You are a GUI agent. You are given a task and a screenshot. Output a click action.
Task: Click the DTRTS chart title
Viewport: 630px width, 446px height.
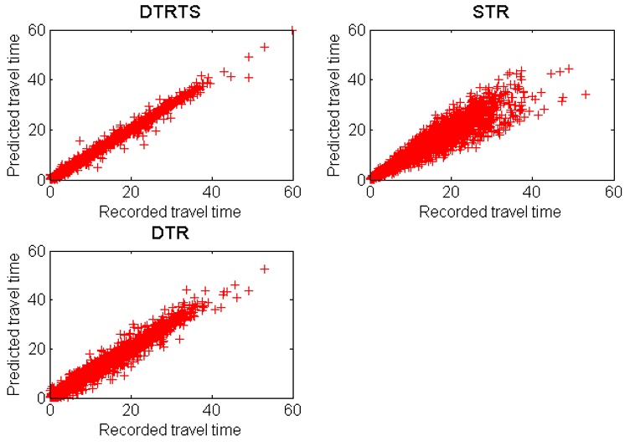170,11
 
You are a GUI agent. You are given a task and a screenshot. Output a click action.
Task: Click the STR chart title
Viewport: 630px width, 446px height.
491,11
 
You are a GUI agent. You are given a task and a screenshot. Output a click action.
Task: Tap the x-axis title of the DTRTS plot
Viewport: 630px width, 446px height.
170,212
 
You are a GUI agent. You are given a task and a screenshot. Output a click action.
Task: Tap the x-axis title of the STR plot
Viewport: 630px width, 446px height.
491,212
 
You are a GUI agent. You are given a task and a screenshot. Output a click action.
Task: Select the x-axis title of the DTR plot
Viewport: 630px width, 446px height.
170,430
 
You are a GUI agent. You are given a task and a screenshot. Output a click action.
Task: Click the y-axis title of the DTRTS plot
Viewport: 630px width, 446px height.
13,105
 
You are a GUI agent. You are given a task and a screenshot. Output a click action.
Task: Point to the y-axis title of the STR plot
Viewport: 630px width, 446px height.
334,105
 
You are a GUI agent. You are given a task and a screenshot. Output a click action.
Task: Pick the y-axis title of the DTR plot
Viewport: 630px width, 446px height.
13,323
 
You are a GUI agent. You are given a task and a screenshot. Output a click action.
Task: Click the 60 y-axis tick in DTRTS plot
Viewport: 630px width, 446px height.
36,31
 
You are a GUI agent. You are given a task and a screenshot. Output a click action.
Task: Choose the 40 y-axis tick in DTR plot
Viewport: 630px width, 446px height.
36,299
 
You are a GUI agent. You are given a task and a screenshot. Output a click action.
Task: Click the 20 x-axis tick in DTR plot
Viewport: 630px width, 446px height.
132,411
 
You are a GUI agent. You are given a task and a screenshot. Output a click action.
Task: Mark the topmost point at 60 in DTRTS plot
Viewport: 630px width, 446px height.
292,31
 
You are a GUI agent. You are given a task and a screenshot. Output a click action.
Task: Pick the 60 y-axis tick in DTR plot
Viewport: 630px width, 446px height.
36,249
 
